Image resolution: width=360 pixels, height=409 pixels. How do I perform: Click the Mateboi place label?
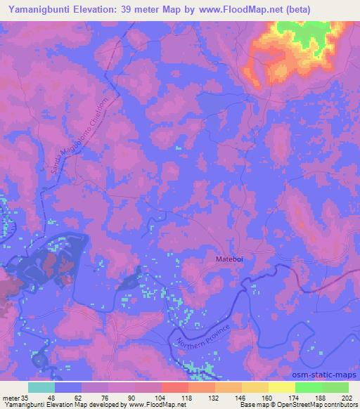click(230, 260)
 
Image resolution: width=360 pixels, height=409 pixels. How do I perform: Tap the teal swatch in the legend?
click(41, 387)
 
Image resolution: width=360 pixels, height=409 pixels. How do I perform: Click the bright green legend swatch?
click(308, 387)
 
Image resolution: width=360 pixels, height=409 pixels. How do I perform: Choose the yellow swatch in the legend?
click(281, 387)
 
